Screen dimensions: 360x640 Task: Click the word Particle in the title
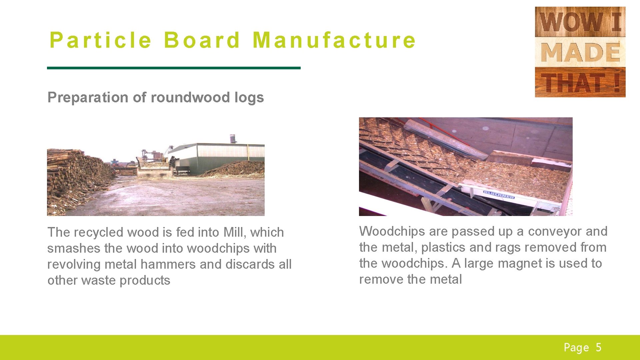tap(100, 40)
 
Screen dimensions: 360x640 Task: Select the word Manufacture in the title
tap(334, 40)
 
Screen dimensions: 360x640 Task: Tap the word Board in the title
tap(202, 40)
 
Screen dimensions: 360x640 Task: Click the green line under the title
tap(174, 68)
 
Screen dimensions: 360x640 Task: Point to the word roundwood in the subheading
tap(190, 97)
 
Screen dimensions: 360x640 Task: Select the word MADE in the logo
tap(580, 52)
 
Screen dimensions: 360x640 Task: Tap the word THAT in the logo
tap(573, 83)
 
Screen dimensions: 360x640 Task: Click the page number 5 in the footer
tap(599, 347)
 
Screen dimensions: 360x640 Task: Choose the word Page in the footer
tap(576, 348)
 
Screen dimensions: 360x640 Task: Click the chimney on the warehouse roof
tap(233, 139)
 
